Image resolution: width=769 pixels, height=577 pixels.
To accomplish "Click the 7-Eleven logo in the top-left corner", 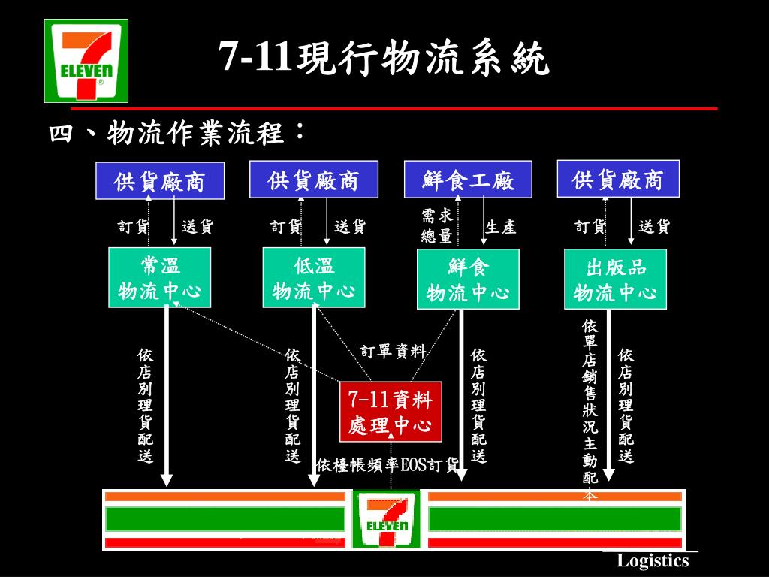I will [x=86, y=60].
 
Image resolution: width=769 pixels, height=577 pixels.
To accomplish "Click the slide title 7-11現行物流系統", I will [x=384, y=59].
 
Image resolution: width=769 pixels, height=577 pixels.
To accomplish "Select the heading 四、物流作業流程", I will [x=177, y=133].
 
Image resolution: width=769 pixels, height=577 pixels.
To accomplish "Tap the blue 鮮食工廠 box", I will [x=467, y=180].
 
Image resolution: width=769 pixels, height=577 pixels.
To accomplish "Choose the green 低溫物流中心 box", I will [x=314, y=278].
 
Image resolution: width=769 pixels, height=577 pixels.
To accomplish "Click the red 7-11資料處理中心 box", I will [x=391, y=412].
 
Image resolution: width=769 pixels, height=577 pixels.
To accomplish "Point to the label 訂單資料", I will [x=393, y=352].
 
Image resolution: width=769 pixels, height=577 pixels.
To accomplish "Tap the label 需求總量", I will [x=436, y=226].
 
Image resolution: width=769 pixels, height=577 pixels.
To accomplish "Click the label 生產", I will [x=501, y=227].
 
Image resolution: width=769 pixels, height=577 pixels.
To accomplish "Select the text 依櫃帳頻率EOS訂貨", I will [x=387, y=465].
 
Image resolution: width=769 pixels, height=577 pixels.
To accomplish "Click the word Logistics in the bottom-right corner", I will [x=653, y=561].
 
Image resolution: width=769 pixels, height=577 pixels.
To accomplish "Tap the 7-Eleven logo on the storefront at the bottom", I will [x=386, y=519].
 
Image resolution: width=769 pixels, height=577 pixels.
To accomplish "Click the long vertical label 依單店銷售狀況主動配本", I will [x=590, y=409].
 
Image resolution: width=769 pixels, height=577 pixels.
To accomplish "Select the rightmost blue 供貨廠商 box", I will [x=618, y=180].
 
